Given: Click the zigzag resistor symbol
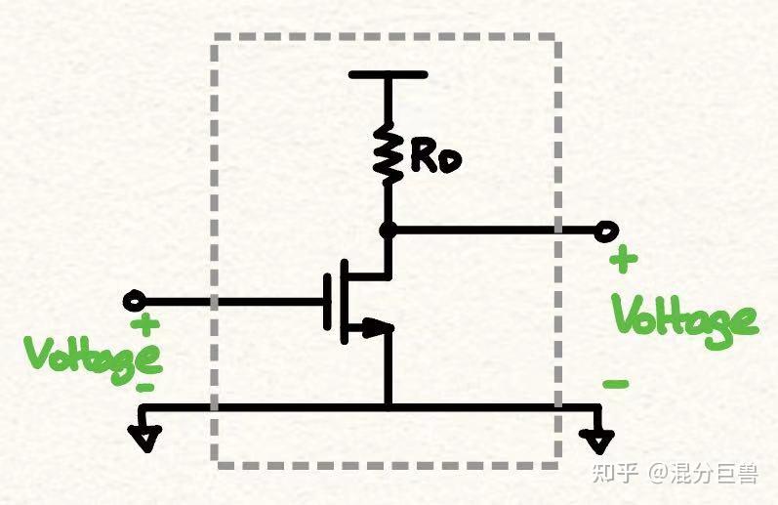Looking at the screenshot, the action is [x=388, y=153].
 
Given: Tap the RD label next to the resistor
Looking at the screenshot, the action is [x=435, y=159].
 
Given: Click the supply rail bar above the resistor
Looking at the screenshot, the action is [x=388, y=75].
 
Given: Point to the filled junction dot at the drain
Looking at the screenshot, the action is [x=388, y=231].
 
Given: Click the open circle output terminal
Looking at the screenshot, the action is [x=606, y=231].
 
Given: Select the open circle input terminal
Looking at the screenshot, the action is [x=134, y=301].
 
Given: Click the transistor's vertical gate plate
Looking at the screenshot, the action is [x=327, y=302].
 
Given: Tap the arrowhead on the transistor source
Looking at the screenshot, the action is [x=378, y=327].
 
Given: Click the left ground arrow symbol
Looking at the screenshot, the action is [x=144, y=437].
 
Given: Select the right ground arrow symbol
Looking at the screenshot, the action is [x=597, y=440].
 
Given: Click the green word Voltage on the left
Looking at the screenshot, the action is [x=94, y=359].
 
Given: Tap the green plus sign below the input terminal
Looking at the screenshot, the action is [x=144, y=325].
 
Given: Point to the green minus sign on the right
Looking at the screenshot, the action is [x=616, y=383].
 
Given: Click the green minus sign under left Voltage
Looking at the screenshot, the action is [x=144, y=388].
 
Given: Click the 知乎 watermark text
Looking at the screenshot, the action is [x=615, y=473].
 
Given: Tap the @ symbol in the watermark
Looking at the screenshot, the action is [x=658, y=473].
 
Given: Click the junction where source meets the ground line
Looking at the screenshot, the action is [x=389, y=407].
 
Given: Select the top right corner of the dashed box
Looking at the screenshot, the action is [x=557, y=38].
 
